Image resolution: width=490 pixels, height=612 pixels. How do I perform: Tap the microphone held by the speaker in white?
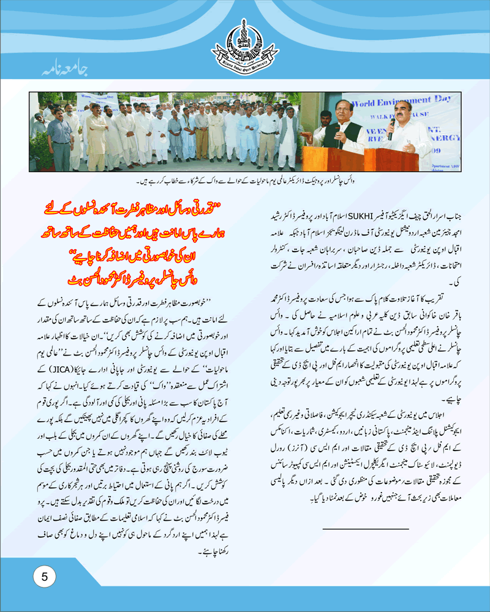click(391, 128)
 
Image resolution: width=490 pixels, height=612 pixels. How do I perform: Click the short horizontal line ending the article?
click(365, 528)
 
